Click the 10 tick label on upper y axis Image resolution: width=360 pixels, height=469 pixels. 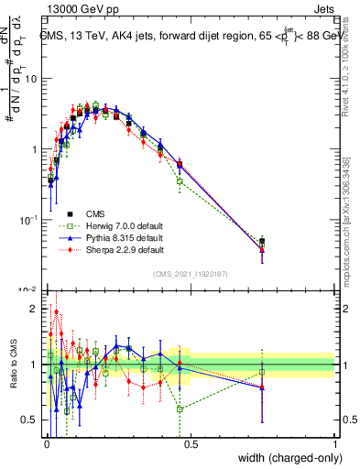click(31, 79)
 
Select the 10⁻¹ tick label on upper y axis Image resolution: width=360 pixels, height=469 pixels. click(29, 220)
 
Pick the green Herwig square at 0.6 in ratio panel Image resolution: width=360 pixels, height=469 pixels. click(180, 409)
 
